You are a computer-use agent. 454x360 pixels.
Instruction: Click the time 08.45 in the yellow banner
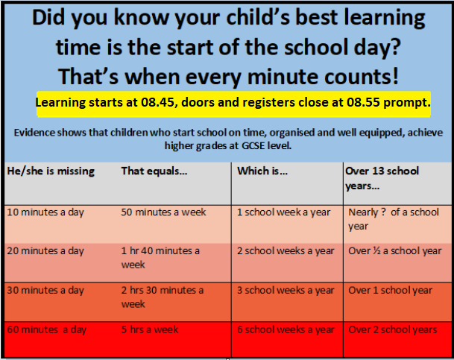(x=158, y=102)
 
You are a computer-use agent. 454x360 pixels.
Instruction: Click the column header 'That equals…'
(x=154, y=171)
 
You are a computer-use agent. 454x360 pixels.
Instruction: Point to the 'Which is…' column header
(x=262, y=171)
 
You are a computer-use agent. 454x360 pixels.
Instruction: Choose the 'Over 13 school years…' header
(x=382, y=178)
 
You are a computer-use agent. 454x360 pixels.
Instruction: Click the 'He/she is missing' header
(x=51, y=171)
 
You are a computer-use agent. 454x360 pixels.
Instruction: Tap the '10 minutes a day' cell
(x=45, y=212)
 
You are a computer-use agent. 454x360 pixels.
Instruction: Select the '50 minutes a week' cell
(x=163, y=212)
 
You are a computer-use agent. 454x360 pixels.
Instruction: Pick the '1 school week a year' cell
(x=283, y=212)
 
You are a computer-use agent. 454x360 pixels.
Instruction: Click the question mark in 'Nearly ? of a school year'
(x=383, y=212)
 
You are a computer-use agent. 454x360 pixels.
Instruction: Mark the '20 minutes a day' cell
(x=45, y=250)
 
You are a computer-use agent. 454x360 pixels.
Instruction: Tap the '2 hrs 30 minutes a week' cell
(x=163, y=297)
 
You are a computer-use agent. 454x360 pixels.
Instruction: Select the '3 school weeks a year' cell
(x=286, y=290)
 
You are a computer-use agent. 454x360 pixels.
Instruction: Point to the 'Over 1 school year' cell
(x=390, y=290)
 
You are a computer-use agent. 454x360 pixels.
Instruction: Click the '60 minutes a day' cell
(x=47, y=329)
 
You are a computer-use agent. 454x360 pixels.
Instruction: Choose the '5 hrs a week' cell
(x=150, y=329)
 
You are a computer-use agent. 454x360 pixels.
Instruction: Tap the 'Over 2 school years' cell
(x=393, y=329)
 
